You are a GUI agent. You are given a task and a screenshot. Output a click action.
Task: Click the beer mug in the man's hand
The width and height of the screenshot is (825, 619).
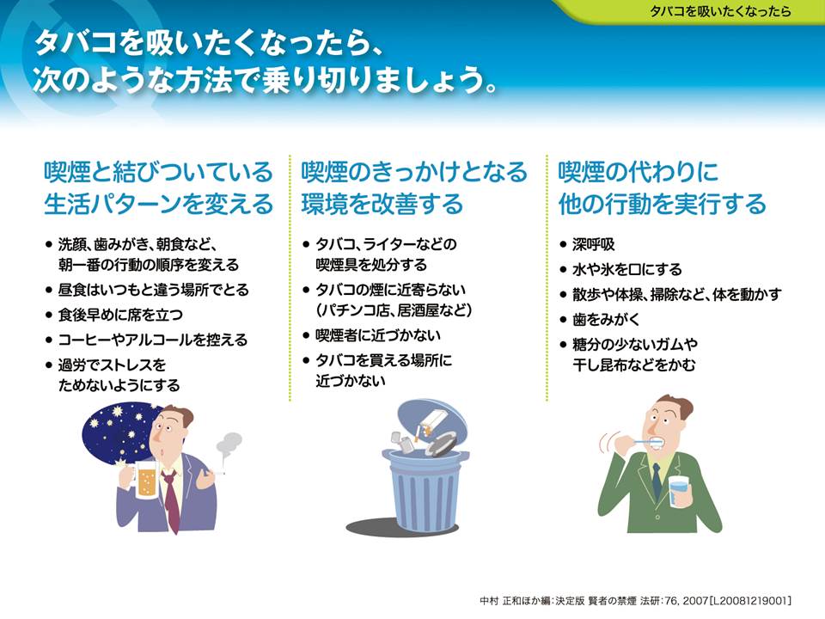144,480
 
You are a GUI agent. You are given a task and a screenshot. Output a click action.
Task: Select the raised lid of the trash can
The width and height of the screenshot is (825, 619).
431,427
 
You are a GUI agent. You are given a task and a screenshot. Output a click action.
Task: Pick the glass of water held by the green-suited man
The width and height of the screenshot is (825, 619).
679,491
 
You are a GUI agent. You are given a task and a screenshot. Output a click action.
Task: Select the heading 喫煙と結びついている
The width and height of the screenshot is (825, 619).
158,172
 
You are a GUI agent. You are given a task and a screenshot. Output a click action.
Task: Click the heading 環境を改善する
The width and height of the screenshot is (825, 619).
382,204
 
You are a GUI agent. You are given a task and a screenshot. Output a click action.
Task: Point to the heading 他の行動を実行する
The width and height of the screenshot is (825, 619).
662,204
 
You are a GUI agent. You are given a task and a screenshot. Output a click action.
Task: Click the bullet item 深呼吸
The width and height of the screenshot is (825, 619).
594,245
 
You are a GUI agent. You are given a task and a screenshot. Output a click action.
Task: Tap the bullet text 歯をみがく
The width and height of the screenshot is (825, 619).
606,320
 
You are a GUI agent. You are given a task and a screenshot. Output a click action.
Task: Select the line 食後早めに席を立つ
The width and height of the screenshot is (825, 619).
120,315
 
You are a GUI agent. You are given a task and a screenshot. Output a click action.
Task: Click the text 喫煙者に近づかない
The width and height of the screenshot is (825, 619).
378,335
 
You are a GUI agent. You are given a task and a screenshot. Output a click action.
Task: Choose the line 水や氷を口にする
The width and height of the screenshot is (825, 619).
627,269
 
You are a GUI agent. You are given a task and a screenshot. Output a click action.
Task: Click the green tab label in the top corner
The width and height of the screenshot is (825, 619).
720,11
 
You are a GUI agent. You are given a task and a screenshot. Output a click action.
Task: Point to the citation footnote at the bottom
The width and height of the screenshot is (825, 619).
636,601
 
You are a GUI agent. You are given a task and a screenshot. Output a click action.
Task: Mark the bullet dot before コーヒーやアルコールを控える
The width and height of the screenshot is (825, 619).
49,340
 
